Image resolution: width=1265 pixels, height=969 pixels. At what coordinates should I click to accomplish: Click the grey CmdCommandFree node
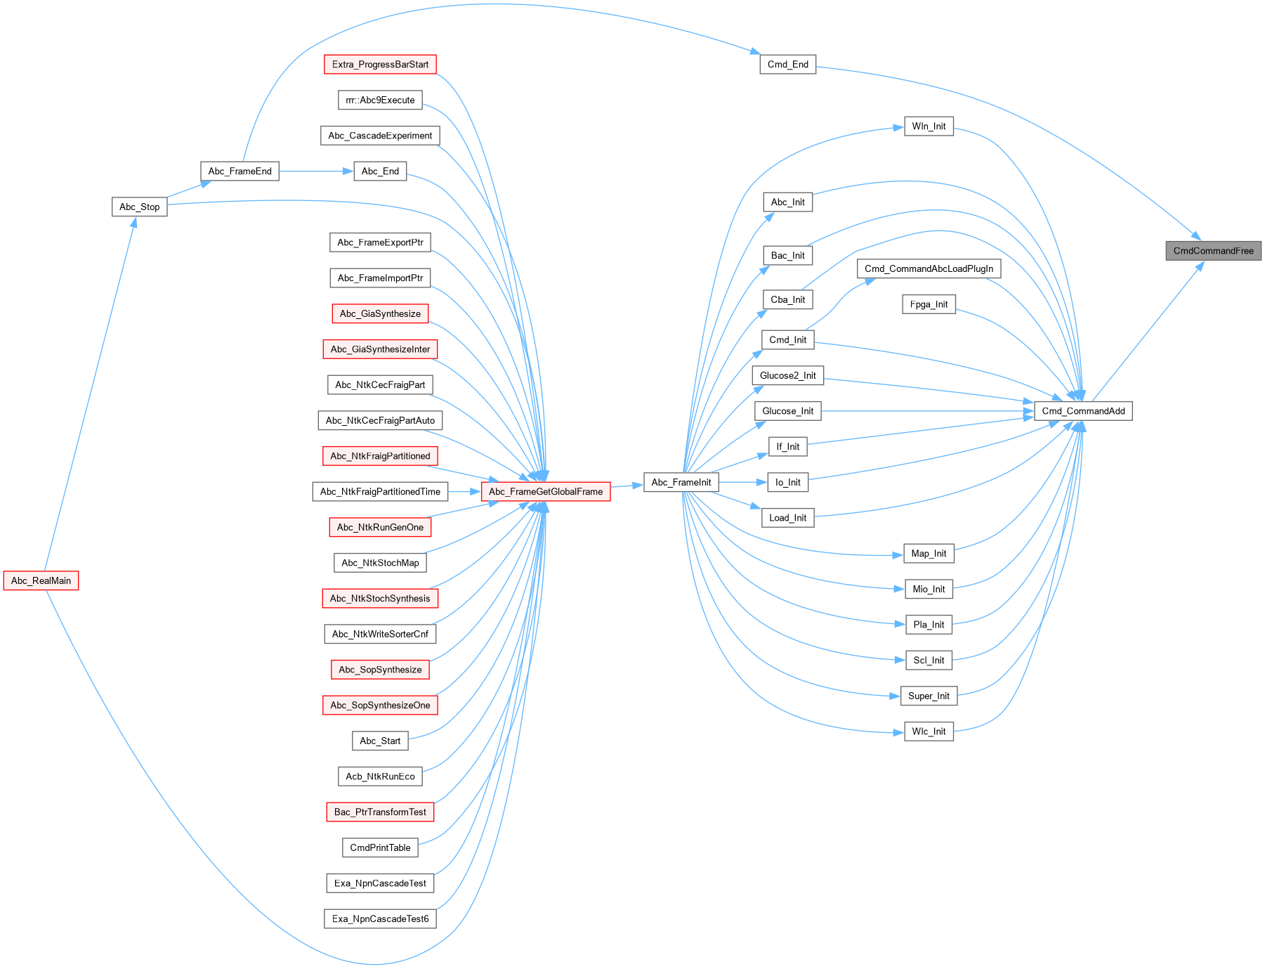(1213, 251)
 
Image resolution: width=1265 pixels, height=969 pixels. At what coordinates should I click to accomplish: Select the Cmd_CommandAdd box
(1083, 411)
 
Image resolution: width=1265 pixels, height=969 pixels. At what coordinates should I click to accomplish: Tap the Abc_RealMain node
(41, 580)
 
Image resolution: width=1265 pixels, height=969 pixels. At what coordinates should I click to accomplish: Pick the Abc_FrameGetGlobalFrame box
(546, 491)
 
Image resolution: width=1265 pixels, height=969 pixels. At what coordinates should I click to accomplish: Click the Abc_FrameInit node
(681, 482)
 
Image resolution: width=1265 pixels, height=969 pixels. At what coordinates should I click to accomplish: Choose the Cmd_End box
(787, 65)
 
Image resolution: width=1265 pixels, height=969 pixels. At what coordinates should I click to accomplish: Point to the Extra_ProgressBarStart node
(380, 65)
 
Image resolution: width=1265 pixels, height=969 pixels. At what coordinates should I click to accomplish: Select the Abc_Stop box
(139, 207)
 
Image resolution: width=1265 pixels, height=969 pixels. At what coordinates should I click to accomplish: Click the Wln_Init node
(929, 126)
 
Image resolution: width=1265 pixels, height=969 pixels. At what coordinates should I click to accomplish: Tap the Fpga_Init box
(929, 304)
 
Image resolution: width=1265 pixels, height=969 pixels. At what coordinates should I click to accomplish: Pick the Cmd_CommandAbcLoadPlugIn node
(929, 268)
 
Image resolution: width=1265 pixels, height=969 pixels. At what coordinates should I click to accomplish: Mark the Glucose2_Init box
(787, 375)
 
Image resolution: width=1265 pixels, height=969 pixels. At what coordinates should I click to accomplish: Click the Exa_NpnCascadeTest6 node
(380, 918)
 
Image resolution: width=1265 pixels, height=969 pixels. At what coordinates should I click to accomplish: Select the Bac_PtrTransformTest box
(380, 812)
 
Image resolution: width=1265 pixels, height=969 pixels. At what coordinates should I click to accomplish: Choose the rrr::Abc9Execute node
(380, 100)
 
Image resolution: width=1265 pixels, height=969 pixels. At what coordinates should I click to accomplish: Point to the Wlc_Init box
(929, 731)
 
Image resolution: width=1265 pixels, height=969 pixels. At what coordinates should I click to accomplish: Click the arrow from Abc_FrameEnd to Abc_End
(316, 171)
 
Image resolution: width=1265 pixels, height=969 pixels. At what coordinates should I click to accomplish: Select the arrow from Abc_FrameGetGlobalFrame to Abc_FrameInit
(627, 485)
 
